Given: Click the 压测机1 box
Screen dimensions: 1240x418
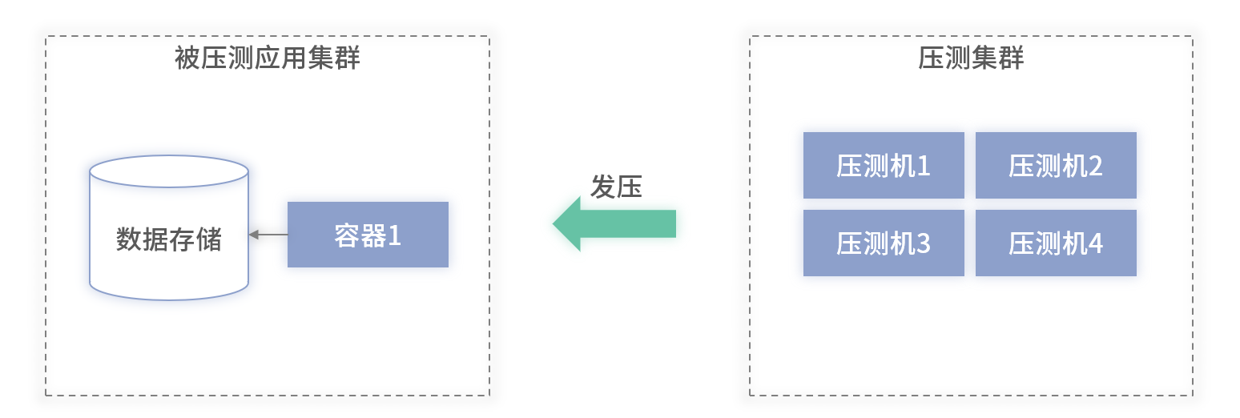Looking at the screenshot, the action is pyautogui.click(x=884, y=165).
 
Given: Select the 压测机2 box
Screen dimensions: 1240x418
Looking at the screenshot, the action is pyautogui.click(x=1056, y=165).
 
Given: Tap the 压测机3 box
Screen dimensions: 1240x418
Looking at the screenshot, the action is pyautogui.click(x=884, y=243).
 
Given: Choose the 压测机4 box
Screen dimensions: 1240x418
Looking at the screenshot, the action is pyautogui.click(x=1056, y=243).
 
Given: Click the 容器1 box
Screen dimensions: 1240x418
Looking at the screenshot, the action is pyautogui.click(x=368, y=235).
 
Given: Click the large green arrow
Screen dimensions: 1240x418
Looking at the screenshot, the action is pyautogui.click(x=615, y=223).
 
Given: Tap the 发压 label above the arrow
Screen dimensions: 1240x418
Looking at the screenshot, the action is pyautogui.click(x=616, y=187).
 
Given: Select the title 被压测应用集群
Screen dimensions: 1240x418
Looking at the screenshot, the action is pyautogui.click(x=267, y=58).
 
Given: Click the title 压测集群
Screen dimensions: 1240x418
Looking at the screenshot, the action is pyautogui.click(x=971, y=58).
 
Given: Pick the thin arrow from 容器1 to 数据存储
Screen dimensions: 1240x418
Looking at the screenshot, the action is pyautogui.click(x=268, y=235).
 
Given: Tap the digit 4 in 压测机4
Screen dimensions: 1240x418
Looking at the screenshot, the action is pyautogui.click(x=1095, y=243).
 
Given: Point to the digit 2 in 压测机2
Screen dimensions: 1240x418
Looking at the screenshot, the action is pyautogui.click(x=1095, y=166).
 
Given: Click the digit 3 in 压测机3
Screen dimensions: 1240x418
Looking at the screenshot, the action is pyautogui.click(x=923, y=243).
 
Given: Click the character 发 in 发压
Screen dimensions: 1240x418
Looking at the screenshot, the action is pyautogui.click(x=603, y=187).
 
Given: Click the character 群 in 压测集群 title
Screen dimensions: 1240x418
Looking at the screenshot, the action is pyautogui.click(x=1011, y=58).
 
